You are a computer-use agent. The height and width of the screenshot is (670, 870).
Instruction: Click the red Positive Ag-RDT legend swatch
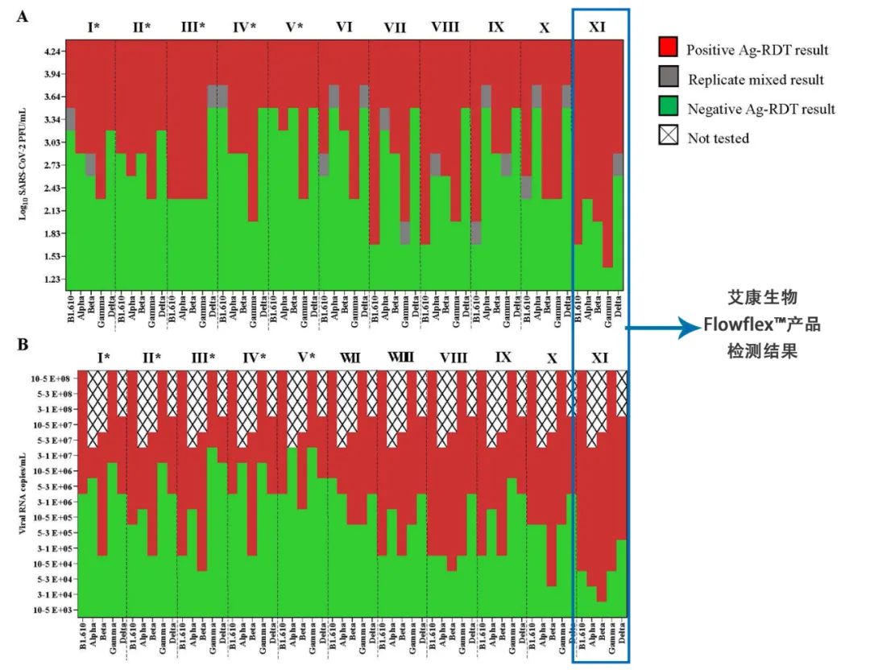coord(668,48)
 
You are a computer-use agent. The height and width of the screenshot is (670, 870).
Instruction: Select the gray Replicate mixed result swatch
coord(668,78)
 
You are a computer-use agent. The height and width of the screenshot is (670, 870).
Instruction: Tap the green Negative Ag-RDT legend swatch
coord(668,108)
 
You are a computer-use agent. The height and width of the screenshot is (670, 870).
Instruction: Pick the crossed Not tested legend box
coord(668,138)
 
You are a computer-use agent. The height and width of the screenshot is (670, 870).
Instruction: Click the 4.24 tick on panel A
coord(54,52)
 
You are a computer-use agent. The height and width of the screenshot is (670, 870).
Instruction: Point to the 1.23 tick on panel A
coord(54,279)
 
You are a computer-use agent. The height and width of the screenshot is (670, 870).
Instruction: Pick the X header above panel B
coord(551,356)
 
